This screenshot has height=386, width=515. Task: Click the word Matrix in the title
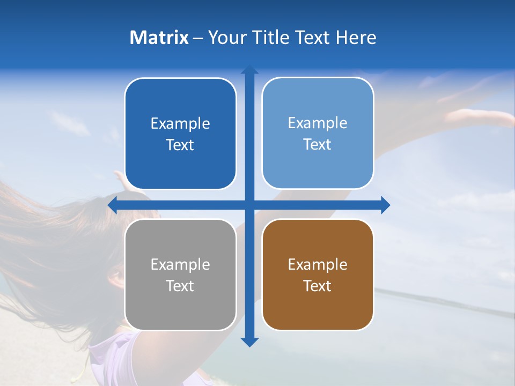[159, 38]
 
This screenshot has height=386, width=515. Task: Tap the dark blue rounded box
[180, 134]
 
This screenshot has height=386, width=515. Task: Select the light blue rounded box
[318, 133]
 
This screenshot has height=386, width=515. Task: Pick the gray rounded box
[180, 274]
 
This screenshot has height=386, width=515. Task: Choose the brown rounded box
[318, 274]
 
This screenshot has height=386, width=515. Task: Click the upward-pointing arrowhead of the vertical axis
[249, 70]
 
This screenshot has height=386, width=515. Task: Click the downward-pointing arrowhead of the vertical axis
[249, 342]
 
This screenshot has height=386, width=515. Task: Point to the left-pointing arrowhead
[113, 205]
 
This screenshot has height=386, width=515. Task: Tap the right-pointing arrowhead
[385, 205]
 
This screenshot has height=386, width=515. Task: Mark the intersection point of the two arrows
[249, 205]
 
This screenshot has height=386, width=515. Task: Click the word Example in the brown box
[318, 264]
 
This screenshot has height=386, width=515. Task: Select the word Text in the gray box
[180, 286]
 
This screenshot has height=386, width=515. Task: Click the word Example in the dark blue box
[180, 124]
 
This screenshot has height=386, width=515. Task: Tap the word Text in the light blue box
[318, 145]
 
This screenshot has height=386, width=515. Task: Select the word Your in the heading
[225, 38]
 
